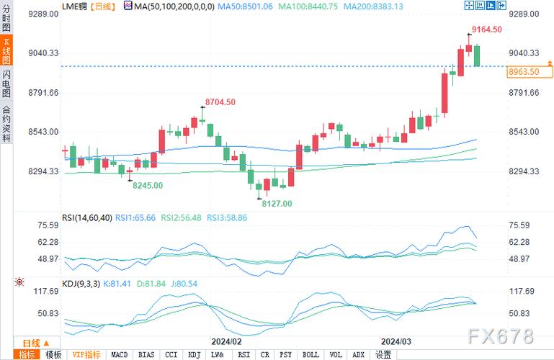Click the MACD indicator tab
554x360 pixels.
(120, 354)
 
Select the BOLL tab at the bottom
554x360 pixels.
(310, 354)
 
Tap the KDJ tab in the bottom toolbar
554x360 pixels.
(194, 354)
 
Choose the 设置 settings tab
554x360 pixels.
(383, 354)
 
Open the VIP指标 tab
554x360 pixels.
(86, 354)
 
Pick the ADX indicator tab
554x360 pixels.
(358, 354)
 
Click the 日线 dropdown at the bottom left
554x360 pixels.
(35, 343)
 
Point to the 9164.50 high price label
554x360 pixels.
(486, 30)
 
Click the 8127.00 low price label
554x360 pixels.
(277, 204)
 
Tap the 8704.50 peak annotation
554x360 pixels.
(220, 102)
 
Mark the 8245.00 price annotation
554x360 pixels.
(146, 185)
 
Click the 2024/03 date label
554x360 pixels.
(396, 341)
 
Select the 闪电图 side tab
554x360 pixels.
(6, 84)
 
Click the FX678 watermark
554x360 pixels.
(500, 336)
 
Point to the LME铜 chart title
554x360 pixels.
(76, 6)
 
